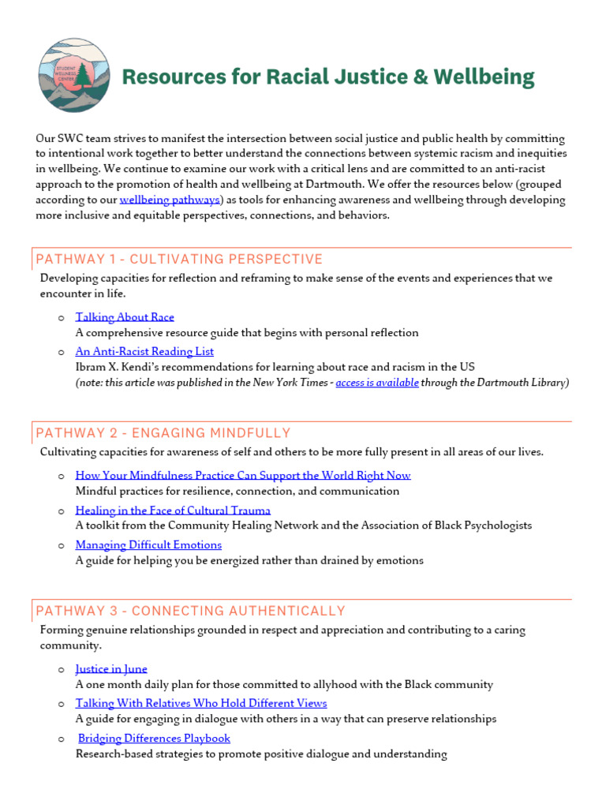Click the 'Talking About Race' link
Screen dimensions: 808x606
pos(125,317)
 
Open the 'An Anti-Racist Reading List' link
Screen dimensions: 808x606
pos(144,352)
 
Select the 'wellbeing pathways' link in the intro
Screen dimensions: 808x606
pos(170,200)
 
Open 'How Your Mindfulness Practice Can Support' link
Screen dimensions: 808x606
pos(243,476)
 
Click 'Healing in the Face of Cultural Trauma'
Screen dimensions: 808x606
pos(173,511)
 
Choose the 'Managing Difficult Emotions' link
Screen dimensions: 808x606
pos(148,545)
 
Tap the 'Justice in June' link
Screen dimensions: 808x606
pos(111,669)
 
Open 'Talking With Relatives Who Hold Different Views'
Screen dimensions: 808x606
pos(201,703)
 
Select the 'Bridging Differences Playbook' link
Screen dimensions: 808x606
pos(154,739)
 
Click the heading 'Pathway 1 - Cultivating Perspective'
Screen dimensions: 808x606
pos(179,260)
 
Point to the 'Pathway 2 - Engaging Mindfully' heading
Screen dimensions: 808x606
pos(163,433)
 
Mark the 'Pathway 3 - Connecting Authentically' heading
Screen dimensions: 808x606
pos(191,611)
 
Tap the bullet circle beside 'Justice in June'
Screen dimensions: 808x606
pos(62,670)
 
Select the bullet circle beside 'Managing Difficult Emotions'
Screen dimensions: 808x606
pos(62,546)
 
